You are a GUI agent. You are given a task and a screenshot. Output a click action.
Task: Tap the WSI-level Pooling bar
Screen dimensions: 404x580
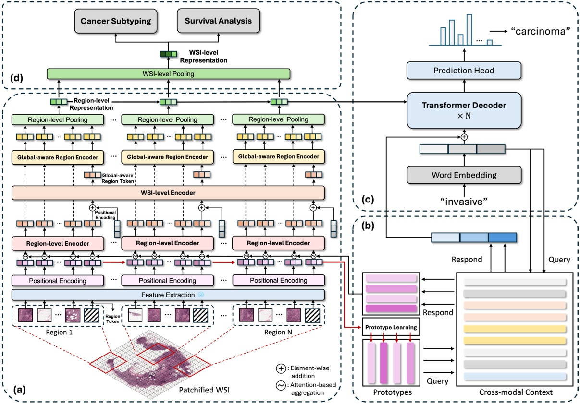click(169, 74)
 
